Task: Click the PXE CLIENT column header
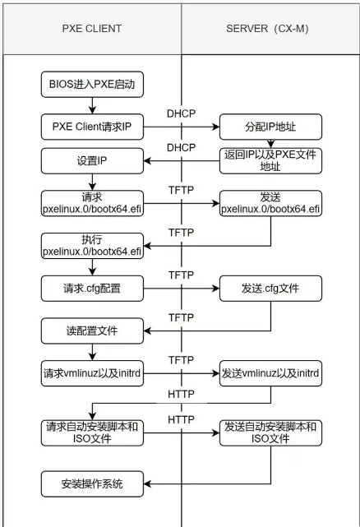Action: coord(92,29)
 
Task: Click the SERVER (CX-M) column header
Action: coord(267,29)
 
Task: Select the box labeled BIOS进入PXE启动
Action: coord(92,85)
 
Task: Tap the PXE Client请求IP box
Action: coord(92,127)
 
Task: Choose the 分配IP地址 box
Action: coord(270,127)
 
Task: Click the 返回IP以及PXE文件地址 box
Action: coord(270,160)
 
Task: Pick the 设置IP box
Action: coord(92,160)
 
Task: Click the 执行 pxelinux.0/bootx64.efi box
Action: coord(92,246)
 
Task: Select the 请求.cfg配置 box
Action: coord(92,289)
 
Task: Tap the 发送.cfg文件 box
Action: coord(270,289)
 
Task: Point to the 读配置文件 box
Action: coord(92,331)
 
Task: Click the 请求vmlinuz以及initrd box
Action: coord(92,373)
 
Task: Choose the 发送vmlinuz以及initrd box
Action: coord(270,373)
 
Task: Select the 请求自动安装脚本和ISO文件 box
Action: coord(92,433)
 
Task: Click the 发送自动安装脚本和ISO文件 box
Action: coord(270,433)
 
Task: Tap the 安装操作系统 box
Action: coord(92,484)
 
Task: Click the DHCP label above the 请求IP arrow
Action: coord(181,113)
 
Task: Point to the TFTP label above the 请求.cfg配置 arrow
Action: coord(181,275)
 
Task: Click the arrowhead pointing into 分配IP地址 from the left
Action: coord(216,127)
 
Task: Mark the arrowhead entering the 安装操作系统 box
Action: coord(147,484)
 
